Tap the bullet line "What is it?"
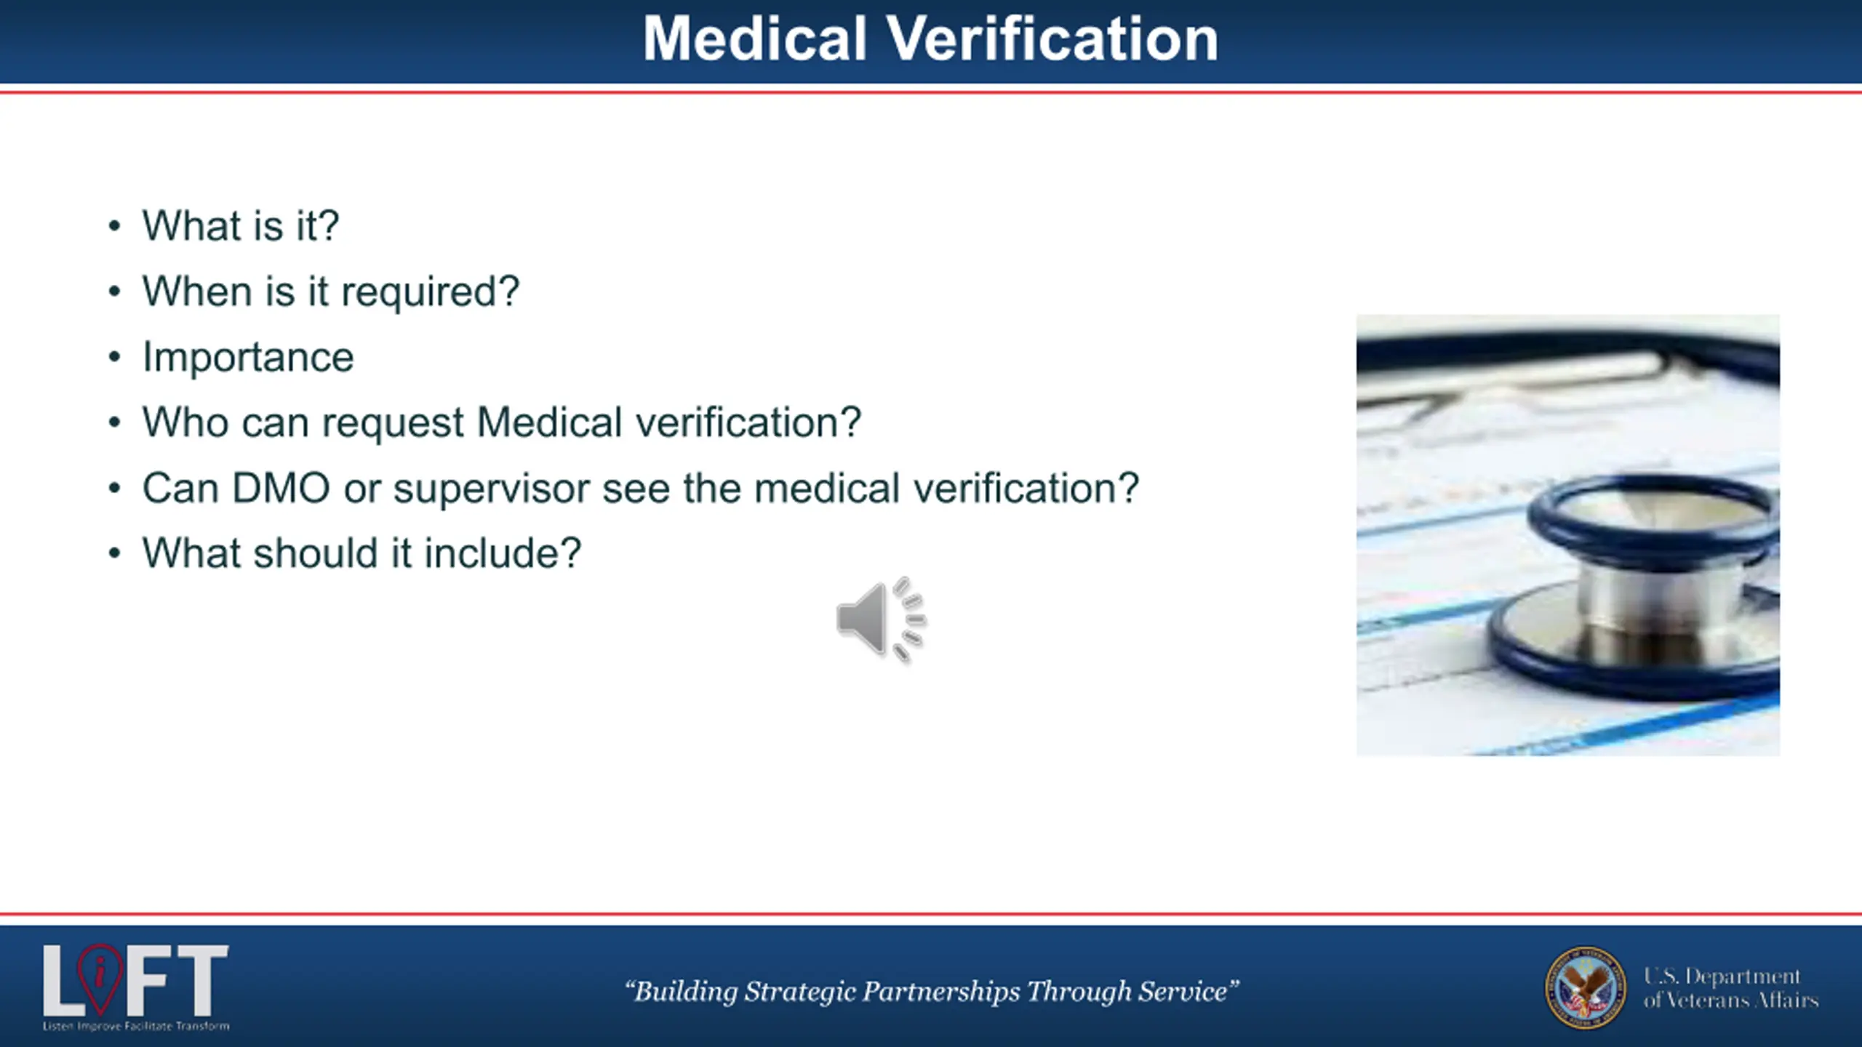(x=241, y=225)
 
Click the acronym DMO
(x=281, y=488)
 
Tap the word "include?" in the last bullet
(x=503, y=553)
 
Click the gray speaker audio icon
(x=881, y=620)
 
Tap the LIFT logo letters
(x=136, y=981)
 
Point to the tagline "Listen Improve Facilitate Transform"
(x=136, y=1027)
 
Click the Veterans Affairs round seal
(x=1586, y=987)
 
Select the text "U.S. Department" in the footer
(x=1722, y=976)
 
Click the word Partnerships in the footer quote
(x=942, y=992)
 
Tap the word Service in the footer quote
(x=1183, y=992)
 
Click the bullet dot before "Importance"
(x=114, y=358)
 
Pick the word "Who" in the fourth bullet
(x=185, y=422)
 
